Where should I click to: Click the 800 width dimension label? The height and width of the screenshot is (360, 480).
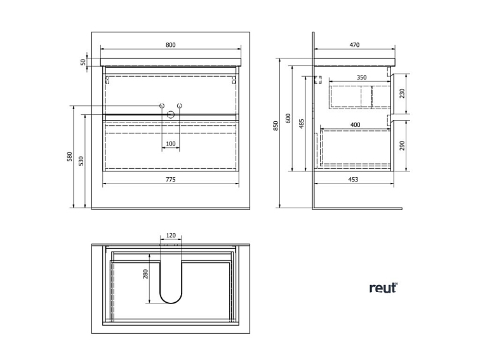coord(170,44)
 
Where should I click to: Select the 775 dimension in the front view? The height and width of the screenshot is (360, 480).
coord(170,180)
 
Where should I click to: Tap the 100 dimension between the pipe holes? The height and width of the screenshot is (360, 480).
coord(170,144)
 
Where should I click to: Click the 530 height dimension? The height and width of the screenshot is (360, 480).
coord(81,161)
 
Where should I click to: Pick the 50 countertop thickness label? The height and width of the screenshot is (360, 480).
coord(83,62)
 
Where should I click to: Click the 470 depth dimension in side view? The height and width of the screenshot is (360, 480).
coord(354,44)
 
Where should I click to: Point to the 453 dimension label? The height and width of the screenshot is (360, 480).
coord(354,180)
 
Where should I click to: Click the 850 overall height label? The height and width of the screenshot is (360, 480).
coord(276,126)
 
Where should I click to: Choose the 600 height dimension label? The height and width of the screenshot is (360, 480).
coord(288,118)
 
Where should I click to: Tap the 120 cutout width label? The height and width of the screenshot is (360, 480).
coord(170,235)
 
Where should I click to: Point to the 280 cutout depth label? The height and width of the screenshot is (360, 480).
coord(145,274)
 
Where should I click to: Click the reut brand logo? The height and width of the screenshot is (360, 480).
coord(383,288)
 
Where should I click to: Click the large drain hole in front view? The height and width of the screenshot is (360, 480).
coord(170,114)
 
